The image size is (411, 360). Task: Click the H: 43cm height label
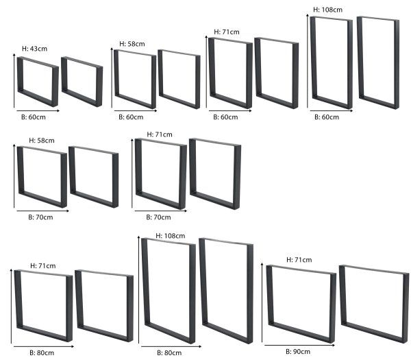[34, 49]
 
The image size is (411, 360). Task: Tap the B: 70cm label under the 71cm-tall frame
[158, 217]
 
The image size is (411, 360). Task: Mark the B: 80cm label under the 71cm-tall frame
[41, 352]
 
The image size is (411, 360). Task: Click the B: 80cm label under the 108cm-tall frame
[169, 352]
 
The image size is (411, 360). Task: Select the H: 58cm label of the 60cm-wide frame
[132, 44]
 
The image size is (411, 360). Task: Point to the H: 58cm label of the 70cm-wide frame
[42, 140]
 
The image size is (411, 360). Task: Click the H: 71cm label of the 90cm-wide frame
[299, 259]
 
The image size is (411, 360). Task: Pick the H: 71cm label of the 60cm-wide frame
[227, 32]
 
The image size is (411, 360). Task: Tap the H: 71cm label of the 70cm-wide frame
[158, 134]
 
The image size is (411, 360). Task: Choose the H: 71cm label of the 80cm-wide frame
[42, 265]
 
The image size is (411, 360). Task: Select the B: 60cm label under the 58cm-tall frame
[130, 117]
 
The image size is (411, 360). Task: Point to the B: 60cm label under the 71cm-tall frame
[225, 117]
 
